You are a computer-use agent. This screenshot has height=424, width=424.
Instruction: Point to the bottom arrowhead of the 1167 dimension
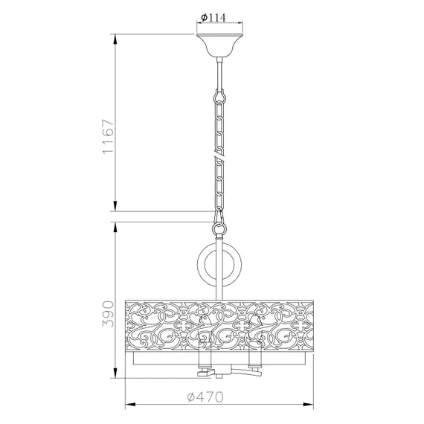coord(116,208)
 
